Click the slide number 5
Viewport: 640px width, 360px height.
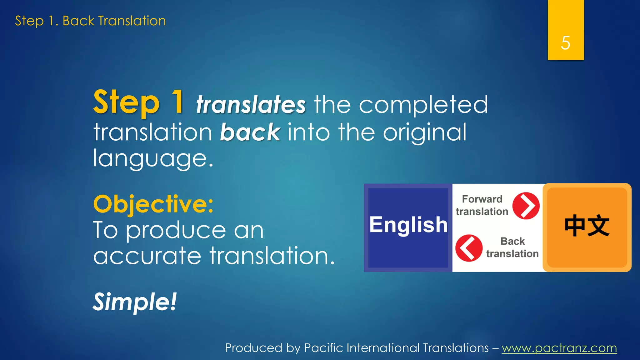pyautogui.click(x=565, y=43)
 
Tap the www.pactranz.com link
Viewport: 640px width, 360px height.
pyautogui.click(x=559, y=348)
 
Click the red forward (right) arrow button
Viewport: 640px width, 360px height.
pyautogui.click(x=526, y=206)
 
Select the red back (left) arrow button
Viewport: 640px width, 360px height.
pyautogui.click(x=468, y=248)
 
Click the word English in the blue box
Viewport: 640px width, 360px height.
pyautogui.click(x=408, y=225)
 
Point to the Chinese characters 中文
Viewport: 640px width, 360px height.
pyautogui.click(x=587, y=226)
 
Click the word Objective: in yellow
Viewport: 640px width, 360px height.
pyautogui.click(x=153, y=204)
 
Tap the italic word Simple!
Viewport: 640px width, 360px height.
pyautogui.click(x=135, y=302)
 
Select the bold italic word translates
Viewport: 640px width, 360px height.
pyautogui.click(x=251, y=105)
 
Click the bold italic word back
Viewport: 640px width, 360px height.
pyautogui.click(x=250, y=132)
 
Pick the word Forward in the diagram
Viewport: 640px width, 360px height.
pyautogui.click(x=482, y=199)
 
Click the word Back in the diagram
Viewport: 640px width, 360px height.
pyautogui.click(x=512, y=241)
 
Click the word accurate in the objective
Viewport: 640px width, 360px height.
pyautogui.click(x=147, y=256)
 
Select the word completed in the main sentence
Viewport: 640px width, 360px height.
pyautogui.click(x=423, y=105)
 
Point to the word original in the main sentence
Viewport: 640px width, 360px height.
pyautogui.click(x=425, y=132)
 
